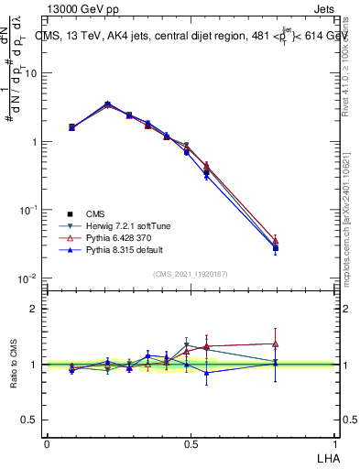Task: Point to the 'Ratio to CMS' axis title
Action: tap(14, 364)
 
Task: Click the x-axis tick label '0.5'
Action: tap(191, 442)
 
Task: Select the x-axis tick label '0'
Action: tap(47, 442)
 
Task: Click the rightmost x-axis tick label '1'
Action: tap(336, 442)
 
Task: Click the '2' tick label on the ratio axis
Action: tap(38, 309)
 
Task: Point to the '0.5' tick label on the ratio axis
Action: tap(33, 420)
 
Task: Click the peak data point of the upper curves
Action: tap(108, 104)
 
